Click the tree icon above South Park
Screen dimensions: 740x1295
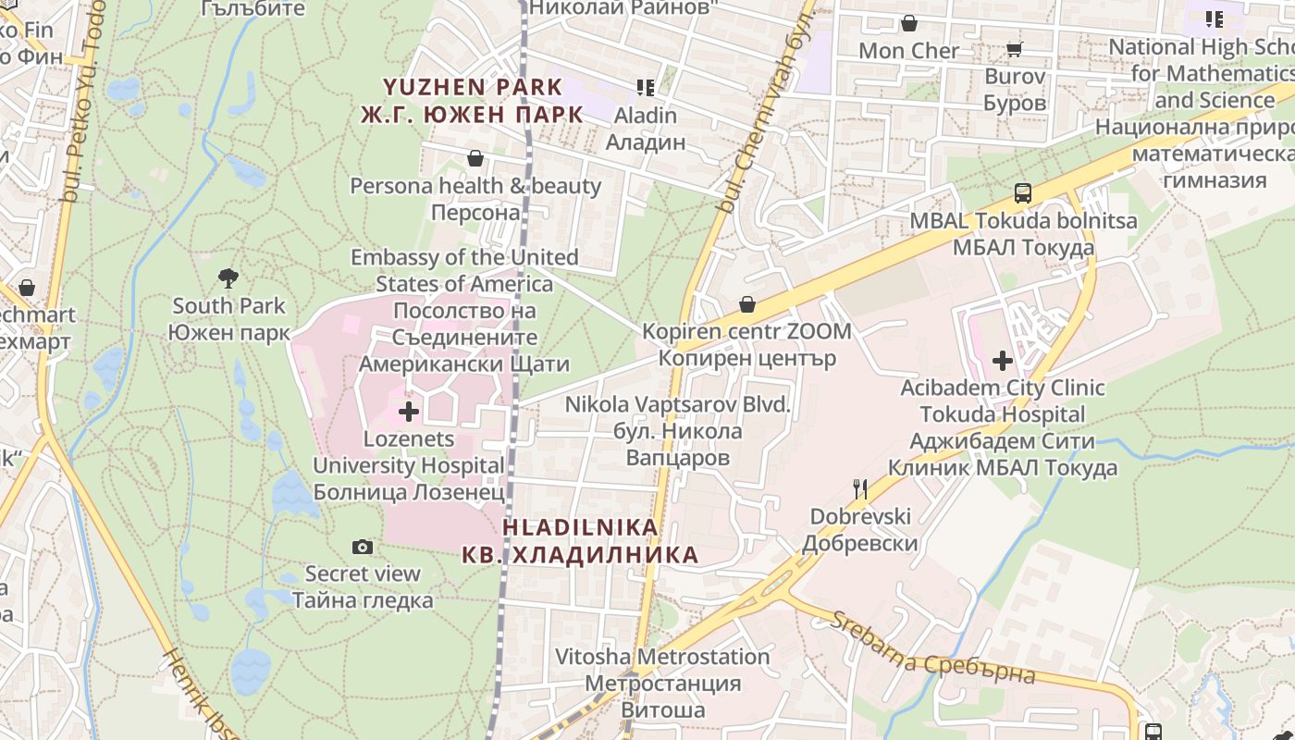click(x=228, y=277)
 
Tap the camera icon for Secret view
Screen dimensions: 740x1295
click(x=363, y=547)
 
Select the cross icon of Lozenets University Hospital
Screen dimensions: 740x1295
click(x=408, y=412)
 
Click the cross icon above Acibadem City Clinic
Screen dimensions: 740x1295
click(x=1003, y=360)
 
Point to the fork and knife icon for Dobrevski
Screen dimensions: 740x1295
click(x=860, y=488)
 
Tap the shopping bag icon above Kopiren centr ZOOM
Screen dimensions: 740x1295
click(x=747, y=304)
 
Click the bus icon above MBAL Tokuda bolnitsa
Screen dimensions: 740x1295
click(x=1023, y=193)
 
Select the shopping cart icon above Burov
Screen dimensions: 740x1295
click(x=1015, y=49)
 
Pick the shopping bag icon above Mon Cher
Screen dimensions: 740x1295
click(x=909, y=23)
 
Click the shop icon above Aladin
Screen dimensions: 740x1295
click(x=646, y=88)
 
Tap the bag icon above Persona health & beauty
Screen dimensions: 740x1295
click(x=475, y=158)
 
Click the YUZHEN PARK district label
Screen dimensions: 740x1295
click(x=473, y=101)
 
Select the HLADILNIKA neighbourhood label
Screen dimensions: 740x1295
click(x=580, y=541)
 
